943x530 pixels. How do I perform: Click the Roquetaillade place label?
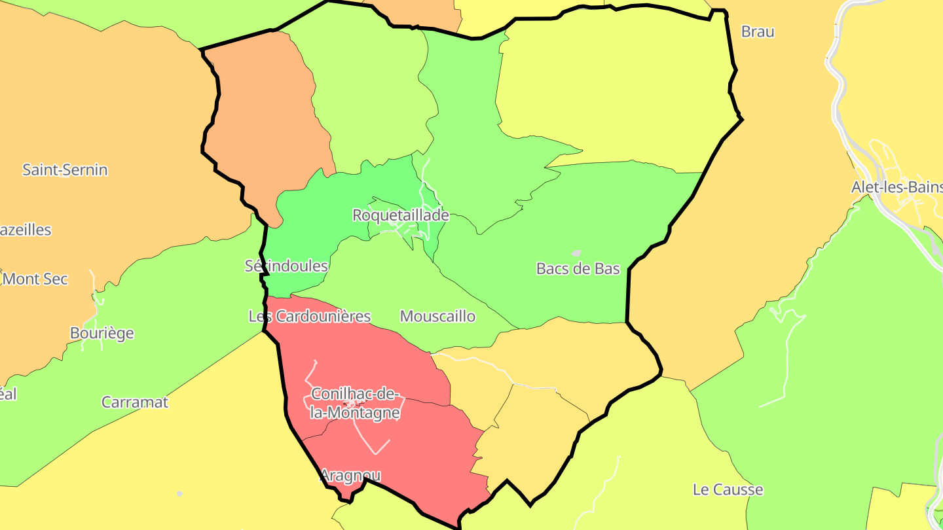(x=400, y=215)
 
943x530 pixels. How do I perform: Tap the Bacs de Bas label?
(x=578, y=268)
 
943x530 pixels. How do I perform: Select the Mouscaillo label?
(x=437, y=317)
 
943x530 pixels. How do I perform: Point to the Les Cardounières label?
(x=310, y=317)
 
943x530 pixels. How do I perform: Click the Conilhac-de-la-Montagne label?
(x=355, y=403)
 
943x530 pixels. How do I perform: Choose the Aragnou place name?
(x=350, y=476)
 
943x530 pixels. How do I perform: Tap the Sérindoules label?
(x=286, y=266)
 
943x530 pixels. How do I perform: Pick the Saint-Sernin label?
(x=65, y=170)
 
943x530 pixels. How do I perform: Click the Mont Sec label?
(x=35, y=279)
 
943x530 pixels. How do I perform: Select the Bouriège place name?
(x=102, y=334)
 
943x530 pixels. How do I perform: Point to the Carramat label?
(x=134, y=402)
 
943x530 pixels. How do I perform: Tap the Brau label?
(x=758, y=31)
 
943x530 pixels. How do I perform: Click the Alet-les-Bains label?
(x=897, y=188)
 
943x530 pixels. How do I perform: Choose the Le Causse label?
(x=728, y=489)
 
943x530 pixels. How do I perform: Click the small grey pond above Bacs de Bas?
(x=576, y=253)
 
